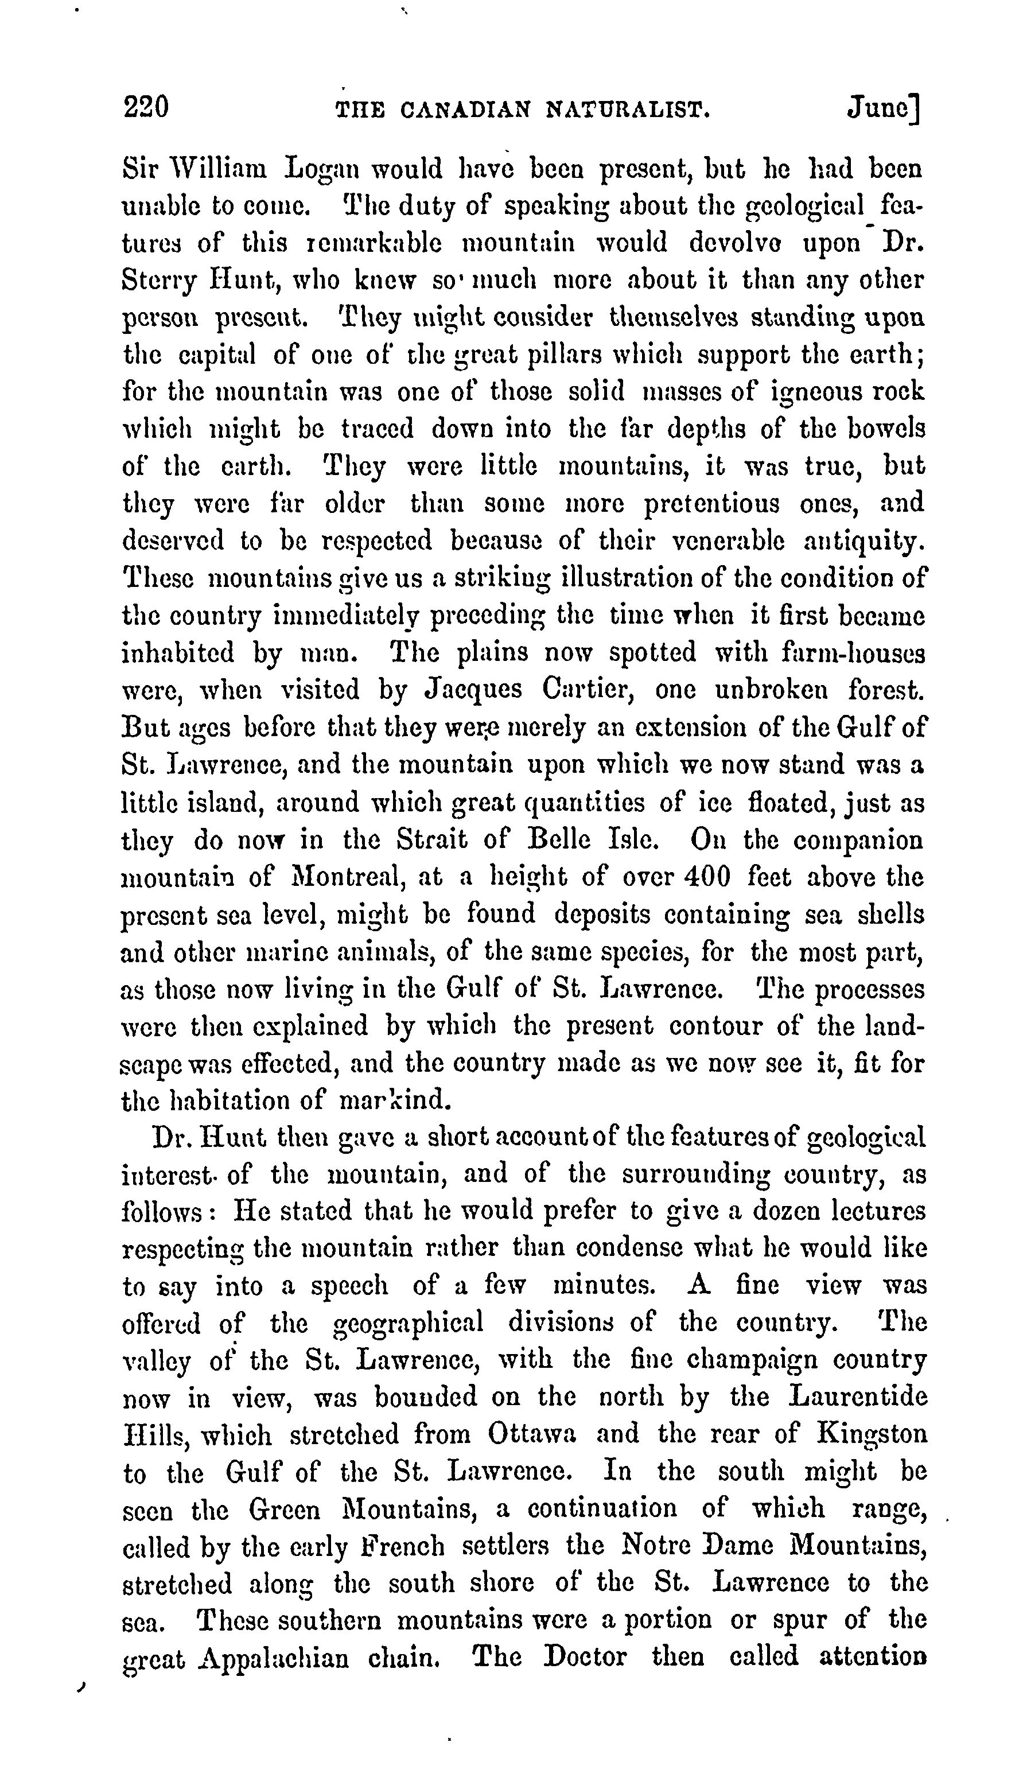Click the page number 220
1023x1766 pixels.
(x=146, y=107)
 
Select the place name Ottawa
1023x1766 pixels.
(x=532, y=1434)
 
